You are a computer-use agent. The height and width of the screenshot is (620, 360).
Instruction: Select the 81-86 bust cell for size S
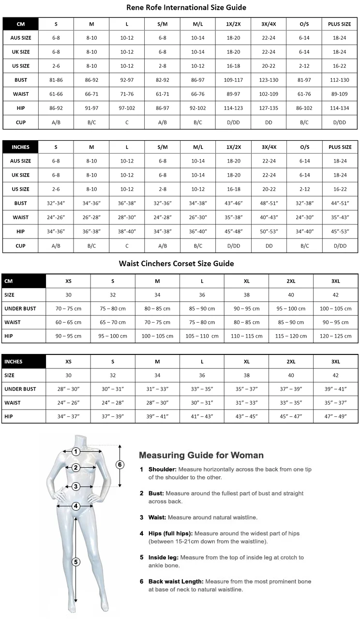click(x=56, y=79)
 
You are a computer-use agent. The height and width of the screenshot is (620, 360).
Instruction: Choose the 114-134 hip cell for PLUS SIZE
click(x=340, y=108)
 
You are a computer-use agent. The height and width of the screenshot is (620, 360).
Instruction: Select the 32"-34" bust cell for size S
click(x=56, y=203)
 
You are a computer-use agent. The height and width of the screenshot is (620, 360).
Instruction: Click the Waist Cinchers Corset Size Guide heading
click(x=177, y=264)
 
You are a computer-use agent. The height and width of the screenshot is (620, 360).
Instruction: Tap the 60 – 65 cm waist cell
click(x=68, y=322)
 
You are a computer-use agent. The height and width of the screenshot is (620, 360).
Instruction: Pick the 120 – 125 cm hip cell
click(x=336, y=336)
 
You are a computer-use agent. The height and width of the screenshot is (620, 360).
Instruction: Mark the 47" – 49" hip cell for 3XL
click(x=336, y=416)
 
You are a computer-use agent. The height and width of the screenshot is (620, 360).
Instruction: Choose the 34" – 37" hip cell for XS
click(x=68, y=416)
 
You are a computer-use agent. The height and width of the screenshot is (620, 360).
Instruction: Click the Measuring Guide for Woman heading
click(x=201, y=455)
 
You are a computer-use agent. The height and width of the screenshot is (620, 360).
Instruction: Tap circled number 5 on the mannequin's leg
click(x=75, y=561)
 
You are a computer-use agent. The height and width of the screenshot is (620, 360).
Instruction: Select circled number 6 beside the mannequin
click(x=120, y=464)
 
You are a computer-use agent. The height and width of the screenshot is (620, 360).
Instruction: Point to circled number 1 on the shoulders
click(x=76, y=452)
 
